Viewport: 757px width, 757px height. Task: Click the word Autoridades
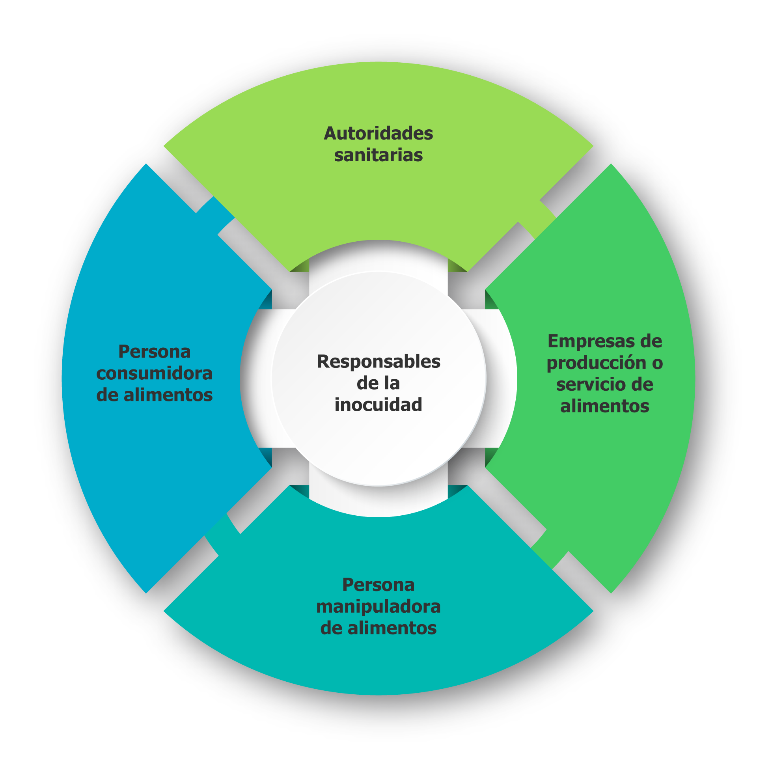click(x=378, y=134)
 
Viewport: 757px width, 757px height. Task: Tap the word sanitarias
click(x=378, y=155)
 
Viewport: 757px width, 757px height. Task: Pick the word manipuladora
click(x=378, y=606)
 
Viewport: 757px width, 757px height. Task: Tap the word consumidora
click(x=154, y=373)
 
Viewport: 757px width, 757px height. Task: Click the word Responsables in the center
click(x=378, y=362)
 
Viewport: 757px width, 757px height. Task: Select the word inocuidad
click(x=378, y=405)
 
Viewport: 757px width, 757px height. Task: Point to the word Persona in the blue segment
click(x=154, y=352)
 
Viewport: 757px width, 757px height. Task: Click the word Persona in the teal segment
click(x=378, y=585)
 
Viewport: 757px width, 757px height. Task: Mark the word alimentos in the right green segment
click(x=604, y=406)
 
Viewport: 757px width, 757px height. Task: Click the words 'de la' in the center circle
click(x=378, y=383)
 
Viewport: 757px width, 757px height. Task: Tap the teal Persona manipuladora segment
click(x=378, y=662)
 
